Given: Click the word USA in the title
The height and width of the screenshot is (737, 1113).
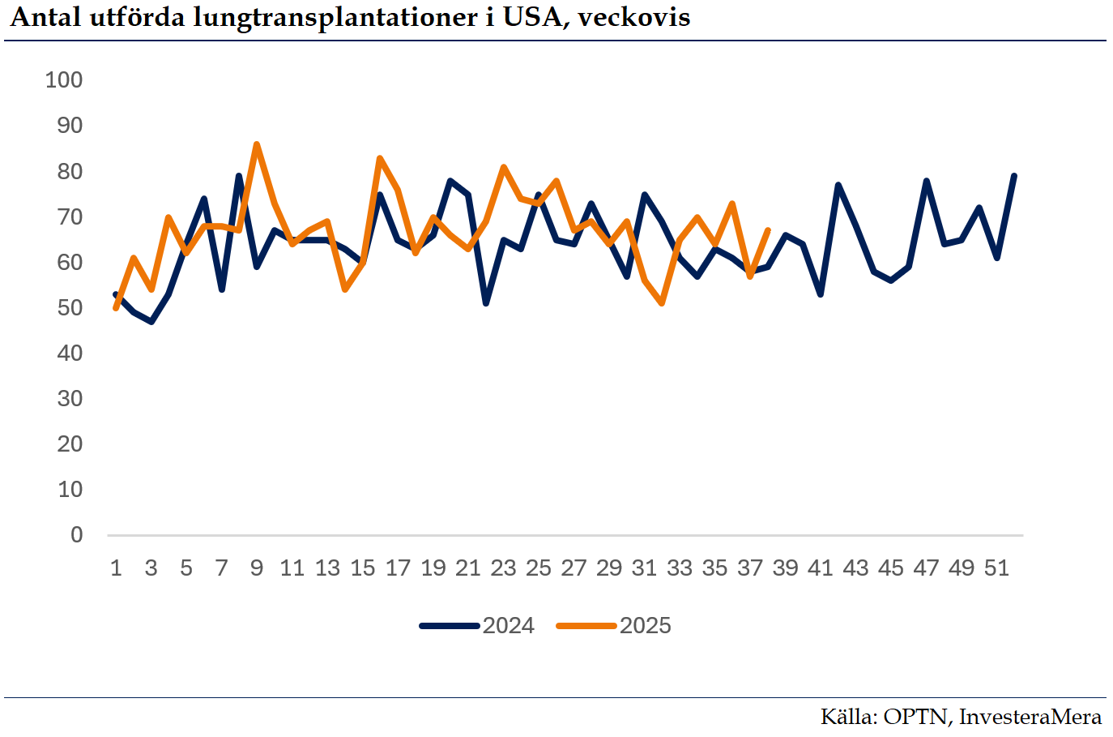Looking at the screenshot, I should (x=532, y=17).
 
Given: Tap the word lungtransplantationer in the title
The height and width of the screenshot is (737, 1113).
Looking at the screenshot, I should (x=335, y=18).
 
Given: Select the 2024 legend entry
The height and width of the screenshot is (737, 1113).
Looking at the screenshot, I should (x=477, y=626).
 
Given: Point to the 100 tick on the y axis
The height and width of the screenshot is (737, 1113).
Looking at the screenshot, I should (x=64, y=79).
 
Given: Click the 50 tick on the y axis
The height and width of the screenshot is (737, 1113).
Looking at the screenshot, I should (x=70, y=307).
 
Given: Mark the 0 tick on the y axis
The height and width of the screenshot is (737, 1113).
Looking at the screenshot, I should (x=76, y=534).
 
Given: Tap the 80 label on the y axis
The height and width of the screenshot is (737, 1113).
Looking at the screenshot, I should (x=70, y=171).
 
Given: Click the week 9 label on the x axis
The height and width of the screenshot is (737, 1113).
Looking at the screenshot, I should (x=257, y=568).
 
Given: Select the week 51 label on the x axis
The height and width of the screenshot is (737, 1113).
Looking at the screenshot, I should (x=996, y=568).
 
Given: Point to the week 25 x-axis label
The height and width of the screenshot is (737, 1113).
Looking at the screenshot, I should (x=538, y=568).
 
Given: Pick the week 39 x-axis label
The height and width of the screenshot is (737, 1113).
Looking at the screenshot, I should (x=785, y=568).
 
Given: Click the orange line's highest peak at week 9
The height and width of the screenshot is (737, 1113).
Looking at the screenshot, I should (x=257, y=144).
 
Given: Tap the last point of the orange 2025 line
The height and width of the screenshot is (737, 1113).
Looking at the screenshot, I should (x=767, y=230).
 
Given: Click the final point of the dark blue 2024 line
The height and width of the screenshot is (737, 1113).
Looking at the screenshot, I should (x=1014, y=176).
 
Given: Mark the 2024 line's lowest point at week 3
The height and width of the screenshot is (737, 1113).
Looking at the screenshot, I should (x=151, y=321).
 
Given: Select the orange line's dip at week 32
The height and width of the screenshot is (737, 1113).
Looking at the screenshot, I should (x=663, y=303).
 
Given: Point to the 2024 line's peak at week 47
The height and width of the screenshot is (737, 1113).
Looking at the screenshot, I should (x=926, y=181).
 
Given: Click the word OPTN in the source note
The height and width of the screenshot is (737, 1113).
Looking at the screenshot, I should (x=915, y=717).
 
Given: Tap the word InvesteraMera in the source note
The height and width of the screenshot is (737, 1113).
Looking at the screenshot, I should (x=1030, y=717).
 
